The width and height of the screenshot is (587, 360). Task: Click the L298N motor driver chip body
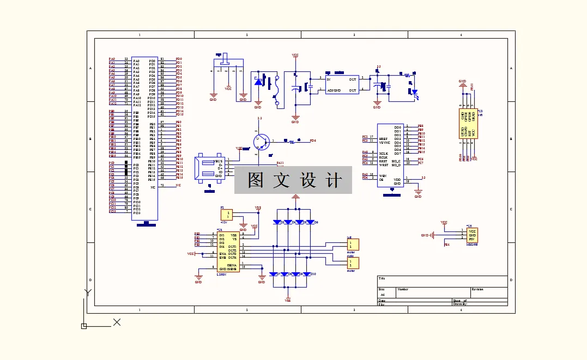[228, 252]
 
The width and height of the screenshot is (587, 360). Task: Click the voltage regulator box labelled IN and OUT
[342, 84]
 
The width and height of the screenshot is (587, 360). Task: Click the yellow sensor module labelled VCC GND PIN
[472, 235]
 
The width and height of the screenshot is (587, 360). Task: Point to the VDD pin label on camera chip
[397, 179]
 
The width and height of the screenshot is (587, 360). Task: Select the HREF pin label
[383, 138]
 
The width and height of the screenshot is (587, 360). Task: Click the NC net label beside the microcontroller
[178, 185]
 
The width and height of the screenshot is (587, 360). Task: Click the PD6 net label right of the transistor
[312, 141]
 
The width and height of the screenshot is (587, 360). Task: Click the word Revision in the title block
[477, 289]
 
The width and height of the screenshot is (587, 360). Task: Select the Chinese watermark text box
[293, 180]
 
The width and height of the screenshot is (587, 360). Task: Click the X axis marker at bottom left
[116, 322]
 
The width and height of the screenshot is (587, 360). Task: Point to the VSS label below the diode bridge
[288, 300]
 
